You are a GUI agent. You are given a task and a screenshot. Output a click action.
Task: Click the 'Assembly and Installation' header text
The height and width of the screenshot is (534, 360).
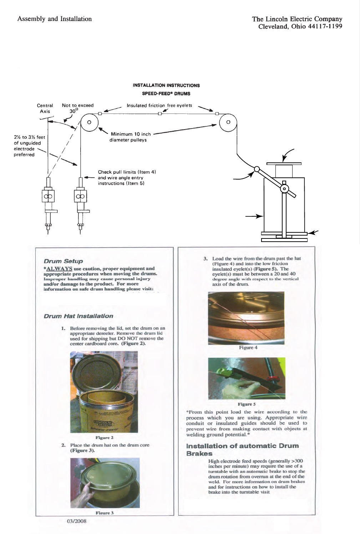coord(55,19)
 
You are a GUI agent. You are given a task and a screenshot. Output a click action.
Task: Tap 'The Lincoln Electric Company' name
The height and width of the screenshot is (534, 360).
coord(297,19)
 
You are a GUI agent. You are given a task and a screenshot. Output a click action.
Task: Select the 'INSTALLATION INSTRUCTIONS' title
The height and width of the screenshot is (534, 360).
coord(166,85)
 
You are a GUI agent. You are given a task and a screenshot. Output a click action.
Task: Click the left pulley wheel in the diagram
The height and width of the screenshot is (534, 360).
coord(89,122)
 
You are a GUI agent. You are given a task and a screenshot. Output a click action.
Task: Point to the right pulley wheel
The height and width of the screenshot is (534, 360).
coord(228,122)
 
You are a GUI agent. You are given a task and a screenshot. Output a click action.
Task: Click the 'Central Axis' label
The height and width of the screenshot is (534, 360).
coord(45,108)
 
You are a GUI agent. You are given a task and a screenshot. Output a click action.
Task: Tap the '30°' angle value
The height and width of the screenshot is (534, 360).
coord(73,111)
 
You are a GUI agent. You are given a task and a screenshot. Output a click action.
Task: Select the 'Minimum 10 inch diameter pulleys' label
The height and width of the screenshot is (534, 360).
coord(131,137)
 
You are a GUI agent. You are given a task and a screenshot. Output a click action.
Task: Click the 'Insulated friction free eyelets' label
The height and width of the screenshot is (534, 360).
coord(159,105)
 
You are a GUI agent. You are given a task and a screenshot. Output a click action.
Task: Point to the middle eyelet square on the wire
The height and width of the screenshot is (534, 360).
coord(159,114)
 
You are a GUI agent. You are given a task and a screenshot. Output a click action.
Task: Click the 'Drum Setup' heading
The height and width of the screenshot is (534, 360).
coord(63,261)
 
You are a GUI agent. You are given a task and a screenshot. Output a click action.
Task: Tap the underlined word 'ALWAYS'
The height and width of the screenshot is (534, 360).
coord(59,268)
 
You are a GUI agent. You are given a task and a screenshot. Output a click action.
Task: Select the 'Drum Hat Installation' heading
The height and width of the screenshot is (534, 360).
coord(78,316)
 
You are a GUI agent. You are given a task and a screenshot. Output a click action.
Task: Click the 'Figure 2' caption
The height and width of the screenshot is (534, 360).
coord(105,438)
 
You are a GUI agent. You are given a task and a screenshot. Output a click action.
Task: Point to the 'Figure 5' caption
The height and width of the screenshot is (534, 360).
coord(247,404)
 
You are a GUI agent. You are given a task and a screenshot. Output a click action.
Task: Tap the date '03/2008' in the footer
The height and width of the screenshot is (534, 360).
coord(77,521)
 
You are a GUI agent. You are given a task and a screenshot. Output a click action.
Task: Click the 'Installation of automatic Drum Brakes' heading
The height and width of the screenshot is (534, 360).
coord(242,449)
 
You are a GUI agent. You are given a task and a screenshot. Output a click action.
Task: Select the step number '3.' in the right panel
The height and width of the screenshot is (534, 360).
coord(206,258)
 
